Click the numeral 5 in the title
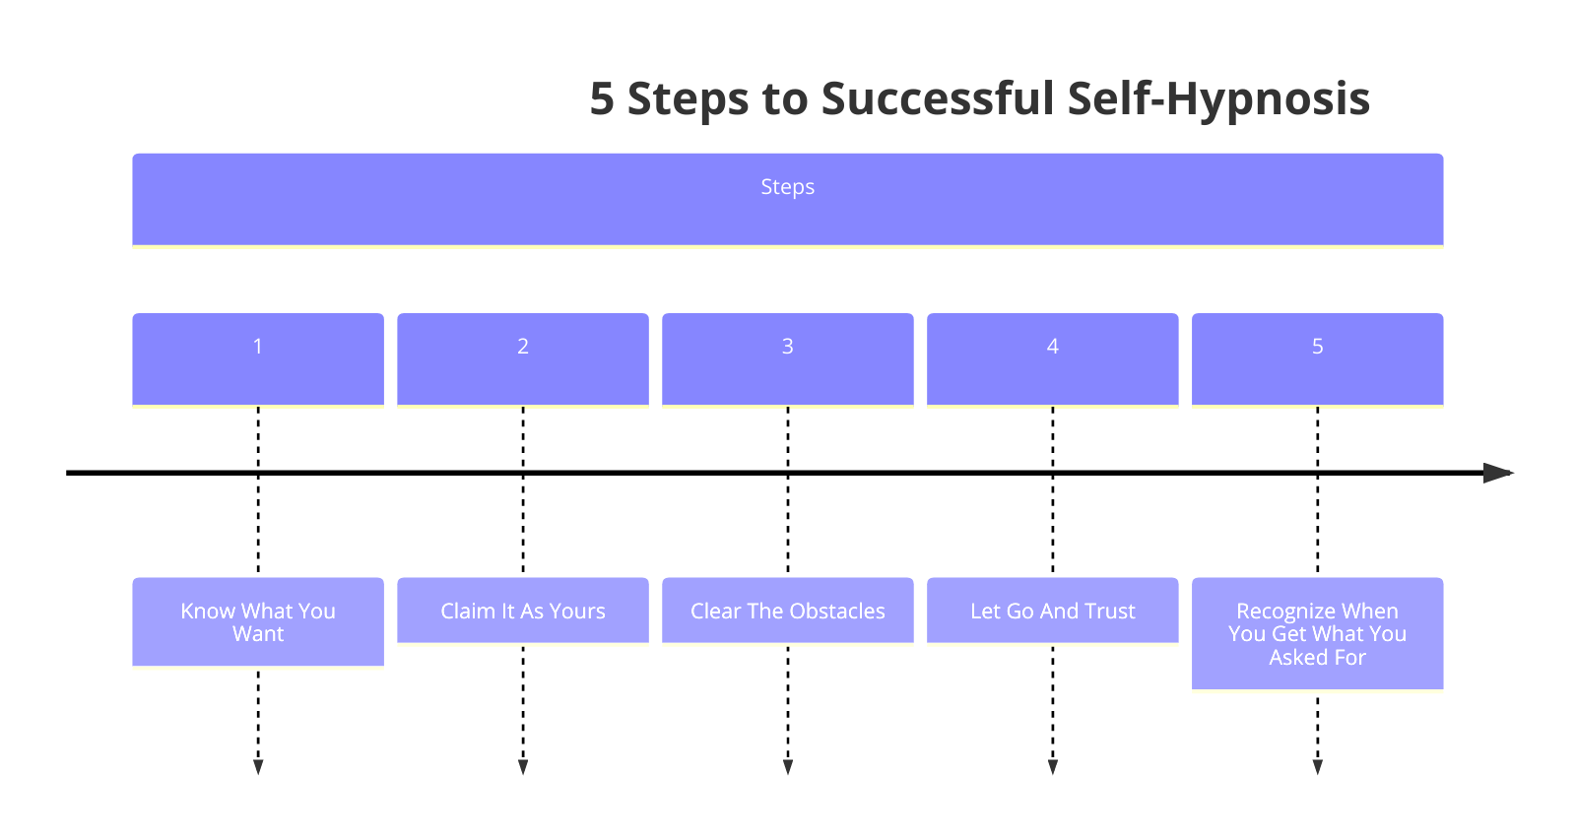click(x=602, y=99)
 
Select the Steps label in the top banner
click(x=787, y=187)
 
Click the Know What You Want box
click(x=258, y=621)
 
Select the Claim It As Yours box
click(x=523, y=611)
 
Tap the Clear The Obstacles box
click(x=787, y=611)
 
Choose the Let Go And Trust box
click(x=1052, y=611)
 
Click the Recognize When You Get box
click(x=1317, y=633)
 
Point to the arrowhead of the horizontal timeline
click(x=1497, y=473)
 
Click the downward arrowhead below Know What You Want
click(x=258, y=767)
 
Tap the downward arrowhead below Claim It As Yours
click(x=523, y=767)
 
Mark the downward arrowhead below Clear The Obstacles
click(x=787, y=767)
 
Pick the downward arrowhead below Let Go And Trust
click(x=1052, y=767)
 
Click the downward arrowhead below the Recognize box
click(x=1317, y=767)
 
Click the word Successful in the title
click(x=938, y=99)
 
